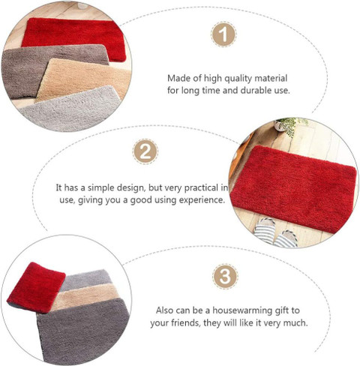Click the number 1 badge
pos(223,34)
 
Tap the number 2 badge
pos(145,151)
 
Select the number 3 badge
pos(225,277)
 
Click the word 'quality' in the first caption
pos(238,79)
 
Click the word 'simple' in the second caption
pos(101,188)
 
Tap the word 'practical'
pos(201,188)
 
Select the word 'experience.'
pos(201,200)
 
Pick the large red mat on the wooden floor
pos(294,189)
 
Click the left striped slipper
pos(265,229)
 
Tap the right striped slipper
pos(286,238)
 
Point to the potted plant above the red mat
pos(290,125)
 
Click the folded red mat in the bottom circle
pos(36,287)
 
